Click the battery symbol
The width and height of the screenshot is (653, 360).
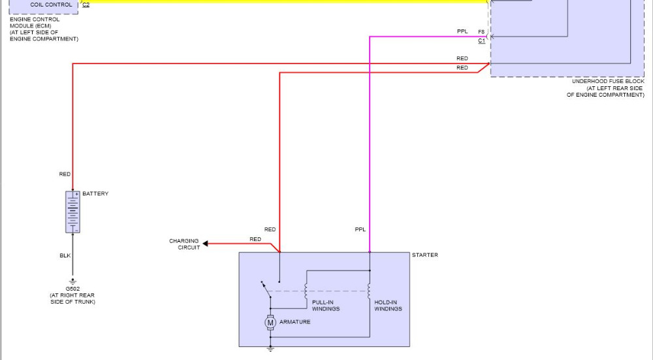[x=72, y=212]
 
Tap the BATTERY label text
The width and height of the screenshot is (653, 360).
[x=95, y=194]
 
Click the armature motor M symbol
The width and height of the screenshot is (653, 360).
[x=270, y=322]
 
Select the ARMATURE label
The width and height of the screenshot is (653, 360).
[x=295, y=322]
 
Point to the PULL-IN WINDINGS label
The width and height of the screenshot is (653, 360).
[x=325, y=306]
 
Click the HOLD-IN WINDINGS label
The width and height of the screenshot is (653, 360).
[x=388, y=306]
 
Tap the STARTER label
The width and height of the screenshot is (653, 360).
[x=425, y=255]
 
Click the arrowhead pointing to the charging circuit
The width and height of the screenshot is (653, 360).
[x=206, y=244]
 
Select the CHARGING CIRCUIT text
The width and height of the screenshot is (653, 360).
[x=184, y=244]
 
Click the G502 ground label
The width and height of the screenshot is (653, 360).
[x=72, y=288]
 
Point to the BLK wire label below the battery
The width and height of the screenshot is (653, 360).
[x=65, y=255]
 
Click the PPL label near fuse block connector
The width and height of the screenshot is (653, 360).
[x=462, y=31]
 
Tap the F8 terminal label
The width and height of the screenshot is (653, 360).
[x=481, y=31]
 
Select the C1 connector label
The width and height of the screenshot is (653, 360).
[x=481, y=41]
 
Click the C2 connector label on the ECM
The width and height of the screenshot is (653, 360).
[x=86, y=5]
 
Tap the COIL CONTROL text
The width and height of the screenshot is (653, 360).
[x=51, y=5]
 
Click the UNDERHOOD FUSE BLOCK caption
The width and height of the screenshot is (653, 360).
[x=607, y=81]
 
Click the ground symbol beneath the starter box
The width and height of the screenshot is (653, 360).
[x=270, y=350]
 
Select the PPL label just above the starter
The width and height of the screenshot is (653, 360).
[x=360, y=230]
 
